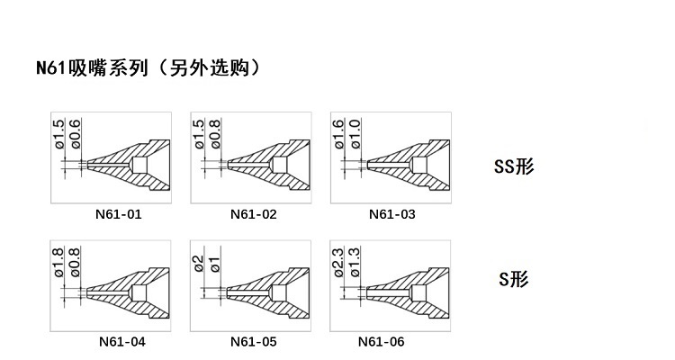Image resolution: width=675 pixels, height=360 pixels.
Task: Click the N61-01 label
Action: click(x=119, y=214)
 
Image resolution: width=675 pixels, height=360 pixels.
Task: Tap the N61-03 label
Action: click(x=392, y=214)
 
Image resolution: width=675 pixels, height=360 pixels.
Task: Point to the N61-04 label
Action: click(x=122, y=341)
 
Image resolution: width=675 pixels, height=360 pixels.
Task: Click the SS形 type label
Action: click(x=515, y=166)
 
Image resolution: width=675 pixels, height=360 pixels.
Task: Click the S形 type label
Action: click(x=514, y=280)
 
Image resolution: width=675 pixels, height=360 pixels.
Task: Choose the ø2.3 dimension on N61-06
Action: click(x=338, y=262)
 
